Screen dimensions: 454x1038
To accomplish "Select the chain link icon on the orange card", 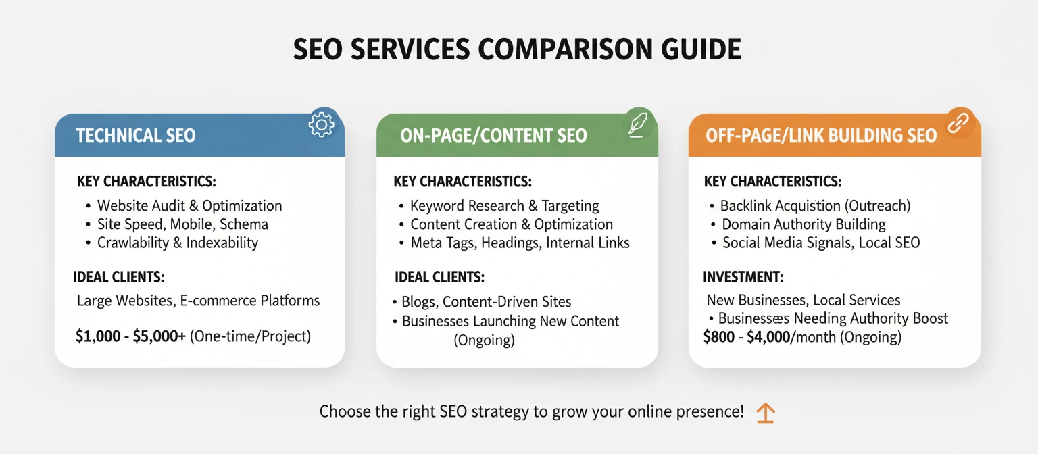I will tap(959, 123).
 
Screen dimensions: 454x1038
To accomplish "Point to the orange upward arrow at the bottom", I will tap(765, 412).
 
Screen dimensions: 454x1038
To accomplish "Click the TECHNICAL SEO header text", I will tap(136, 135).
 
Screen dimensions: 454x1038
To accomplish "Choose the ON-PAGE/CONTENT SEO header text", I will tap(493, 135).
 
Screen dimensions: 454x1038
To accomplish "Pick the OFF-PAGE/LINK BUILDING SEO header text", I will tap(820, 135).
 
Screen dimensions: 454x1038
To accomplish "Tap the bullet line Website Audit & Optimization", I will tap(189, 206).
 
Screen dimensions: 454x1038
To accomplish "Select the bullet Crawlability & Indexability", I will tap(178, 243).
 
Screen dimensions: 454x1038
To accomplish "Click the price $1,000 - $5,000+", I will tap(130, 336).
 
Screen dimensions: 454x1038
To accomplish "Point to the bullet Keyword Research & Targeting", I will tap(504, 206).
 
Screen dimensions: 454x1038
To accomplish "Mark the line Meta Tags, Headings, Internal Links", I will tap(520, 243).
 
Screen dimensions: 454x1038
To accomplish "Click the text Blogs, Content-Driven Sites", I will tap(486, 302).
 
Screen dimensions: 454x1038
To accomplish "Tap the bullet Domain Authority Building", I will tap(804, 224).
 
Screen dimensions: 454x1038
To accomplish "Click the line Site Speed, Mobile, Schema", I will tap(182, 224).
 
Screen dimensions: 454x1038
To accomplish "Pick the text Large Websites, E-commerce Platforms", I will tap(198, 301).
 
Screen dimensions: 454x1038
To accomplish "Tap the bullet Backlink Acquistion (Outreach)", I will tap(815, 206).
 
